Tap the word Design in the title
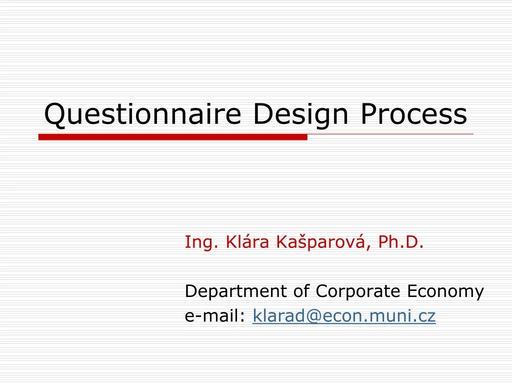[300, 114]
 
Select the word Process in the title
[413, 114]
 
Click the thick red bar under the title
[172, 137]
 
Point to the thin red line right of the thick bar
[390, 134]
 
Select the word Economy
[445, 291]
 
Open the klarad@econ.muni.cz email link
[344, 316]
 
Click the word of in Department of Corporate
[301, 291]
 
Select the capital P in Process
[368, 114]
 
